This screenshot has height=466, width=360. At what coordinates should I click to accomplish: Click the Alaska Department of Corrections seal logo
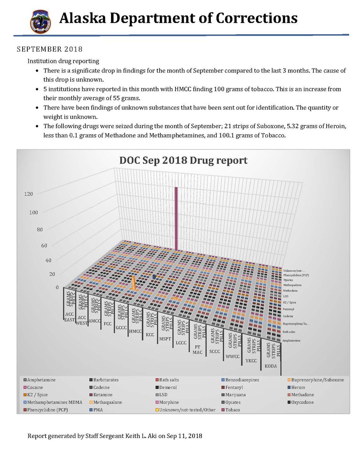40,21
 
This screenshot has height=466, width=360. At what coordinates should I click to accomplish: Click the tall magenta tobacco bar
176,217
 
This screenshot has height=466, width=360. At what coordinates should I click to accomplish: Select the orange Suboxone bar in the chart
134,283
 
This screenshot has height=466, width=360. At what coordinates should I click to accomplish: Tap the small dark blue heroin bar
155,276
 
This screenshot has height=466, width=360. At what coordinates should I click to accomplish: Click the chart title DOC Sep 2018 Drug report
183,160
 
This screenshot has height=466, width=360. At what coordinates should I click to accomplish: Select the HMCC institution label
135,331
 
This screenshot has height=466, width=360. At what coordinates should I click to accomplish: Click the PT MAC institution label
197,349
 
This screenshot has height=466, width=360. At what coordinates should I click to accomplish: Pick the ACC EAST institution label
70,316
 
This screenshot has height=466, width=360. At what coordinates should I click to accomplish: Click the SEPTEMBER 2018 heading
50,50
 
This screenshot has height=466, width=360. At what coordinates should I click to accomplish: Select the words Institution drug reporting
63,61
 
